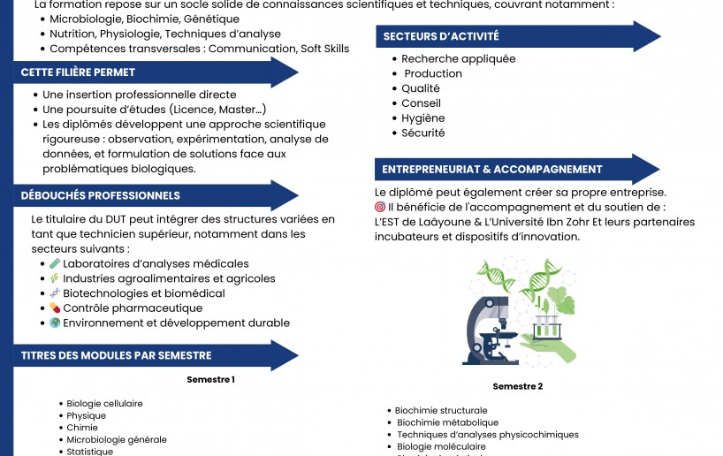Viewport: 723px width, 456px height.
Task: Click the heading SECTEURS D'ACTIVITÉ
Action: click(x=440, y=36)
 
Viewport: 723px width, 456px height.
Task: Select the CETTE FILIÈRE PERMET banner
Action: click(x=79, y=72)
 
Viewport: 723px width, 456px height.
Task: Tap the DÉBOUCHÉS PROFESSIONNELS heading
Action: click(x=101, y=195)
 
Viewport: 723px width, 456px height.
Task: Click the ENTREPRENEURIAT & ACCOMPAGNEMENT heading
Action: click(x=491, y=169)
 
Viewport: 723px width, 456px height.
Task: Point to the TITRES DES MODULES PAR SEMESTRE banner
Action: click(x=116, y=355)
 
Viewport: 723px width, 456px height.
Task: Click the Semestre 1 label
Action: click(x=210, y=379)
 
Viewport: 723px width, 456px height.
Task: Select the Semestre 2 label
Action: click(x=518, y=386)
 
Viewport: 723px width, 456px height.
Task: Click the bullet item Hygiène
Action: click(x=422, y=118)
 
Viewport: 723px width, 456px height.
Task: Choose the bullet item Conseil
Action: click(x=421, y=103)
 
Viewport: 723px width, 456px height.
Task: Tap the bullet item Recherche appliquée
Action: click(x=458, y=59)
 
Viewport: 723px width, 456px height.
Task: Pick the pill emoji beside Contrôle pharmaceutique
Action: click(x=55, y=308)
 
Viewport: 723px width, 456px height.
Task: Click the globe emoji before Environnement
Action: click(x=55, y=323)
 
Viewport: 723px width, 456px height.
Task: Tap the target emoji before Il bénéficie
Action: click(x=380, y=207)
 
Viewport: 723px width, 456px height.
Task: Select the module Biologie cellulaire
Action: click(x=104, y=404)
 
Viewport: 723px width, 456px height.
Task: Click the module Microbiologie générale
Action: click(x=116, y=440)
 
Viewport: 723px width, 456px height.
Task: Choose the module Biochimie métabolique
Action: click(x=447, y=423)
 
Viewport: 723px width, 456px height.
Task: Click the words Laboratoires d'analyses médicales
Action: click(x=156, y=263)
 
